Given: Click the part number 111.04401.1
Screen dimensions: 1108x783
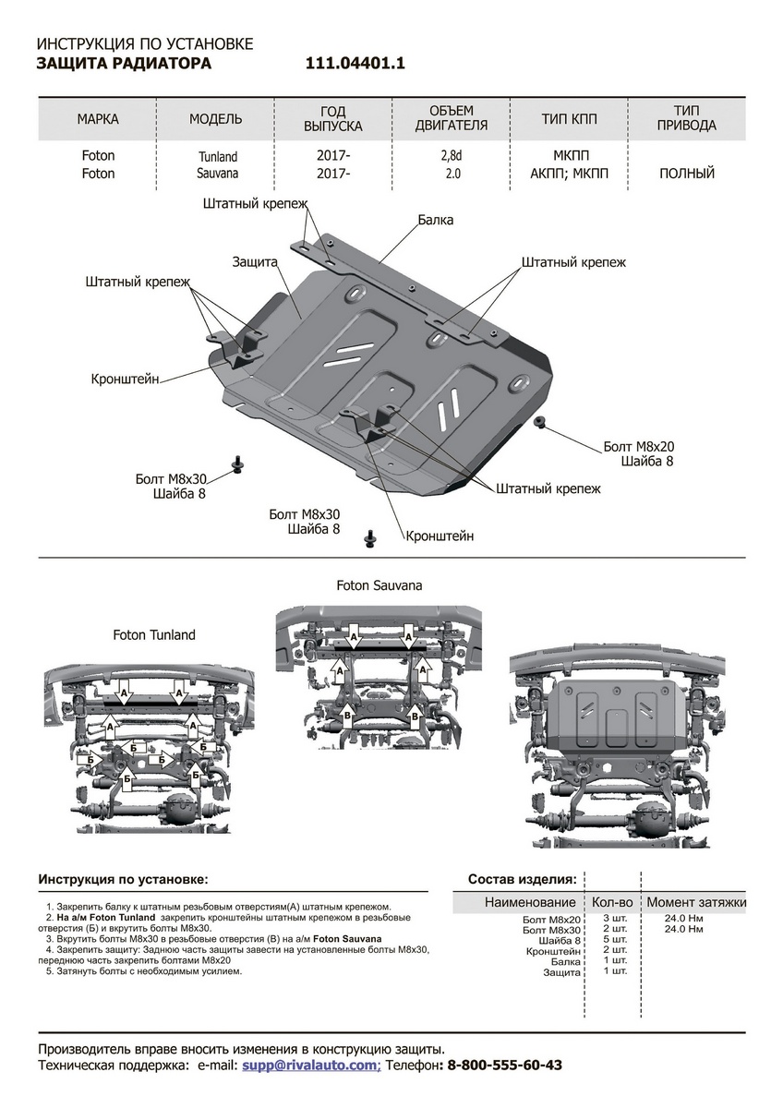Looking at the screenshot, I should click(355, 64).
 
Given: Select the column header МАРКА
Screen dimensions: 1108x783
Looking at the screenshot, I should click(98, 119).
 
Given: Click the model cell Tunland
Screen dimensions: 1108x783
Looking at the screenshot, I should click(217, 157).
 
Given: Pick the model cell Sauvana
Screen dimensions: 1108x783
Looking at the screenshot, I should click(217, 174).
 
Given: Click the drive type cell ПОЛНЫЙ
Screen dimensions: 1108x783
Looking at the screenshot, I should click(687, 174).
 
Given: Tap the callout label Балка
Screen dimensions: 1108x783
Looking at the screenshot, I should click(435, 221).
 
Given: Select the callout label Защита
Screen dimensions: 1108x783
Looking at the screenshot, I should click(256, 262).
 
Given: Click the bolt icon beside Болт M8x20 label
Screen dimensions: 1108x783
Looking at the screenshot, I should click(540, 420).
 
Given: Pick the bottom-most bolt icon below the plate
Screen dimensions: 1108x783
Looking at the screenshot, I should click(371, 536).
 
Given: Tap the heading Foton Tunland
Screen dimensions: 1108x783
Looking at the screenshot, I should click(154, 635).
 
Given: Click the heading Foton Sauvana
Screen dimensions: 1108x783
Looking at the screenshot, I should click(379, 585).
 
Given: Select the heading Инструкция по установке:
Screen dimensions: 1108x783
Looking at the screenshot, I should click(123, 879).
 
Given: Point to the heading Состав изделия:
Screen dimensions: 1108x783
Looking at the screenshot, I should click(522, 879).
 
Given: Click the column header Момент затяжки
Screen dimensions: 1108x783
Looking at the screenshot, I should click(696, 902).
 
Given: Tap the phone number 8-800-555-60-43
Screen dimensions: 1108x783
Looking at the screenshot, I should click(504, 1065).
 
